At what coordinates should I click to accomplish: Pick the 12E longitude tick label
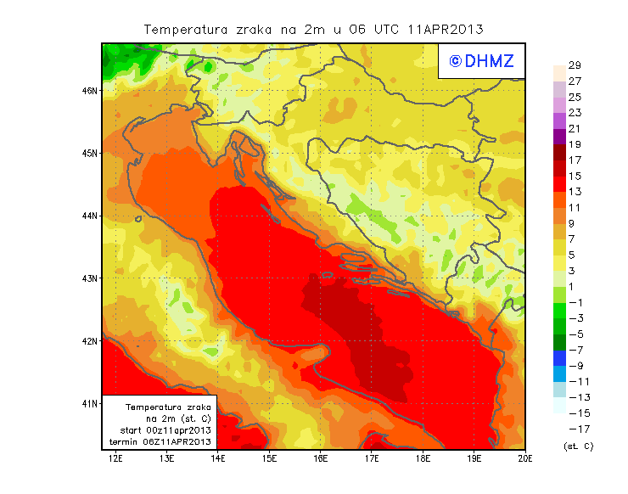tap(115, 459)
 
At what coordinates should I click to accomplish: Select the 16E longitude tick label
tap(321, 459)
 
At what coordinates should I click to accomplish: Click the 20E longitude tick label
tap(526, 459)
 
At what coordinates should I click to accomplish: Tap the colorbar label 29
tap(575, 65)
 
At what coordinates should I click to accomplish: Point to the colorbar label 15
tap(575, 177)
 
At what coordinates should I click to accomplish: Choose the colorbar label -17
tap(576, 429)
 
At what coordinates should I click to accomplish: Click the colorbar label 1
tap(575, 287)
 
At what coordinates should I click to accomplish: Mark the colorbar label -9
tap(576, 366)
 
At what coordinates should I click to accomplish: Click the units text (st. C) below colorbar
tap(578, 446)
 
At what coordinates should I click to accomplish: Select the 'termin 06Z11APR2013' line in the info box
tap(160, 441)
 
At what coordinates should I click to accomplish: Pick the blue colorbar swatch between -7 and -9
tap(558, 358)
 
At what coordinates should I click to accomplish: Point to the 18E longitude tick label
tap(423, 459)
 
